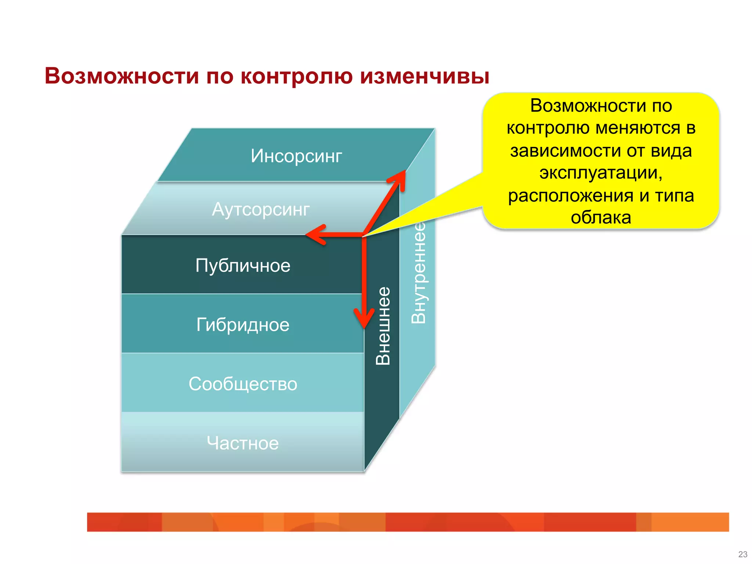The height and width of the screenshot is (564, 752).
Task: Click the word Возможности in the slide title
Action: (122, 76)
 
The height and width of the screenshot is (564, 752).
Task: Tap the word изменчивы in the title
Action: (424, 76)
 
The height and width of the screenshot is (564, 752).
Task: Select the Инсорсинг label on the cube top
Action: (296, 156)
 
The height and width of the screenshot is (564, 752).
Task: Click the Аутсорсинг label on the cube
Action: (261, 210)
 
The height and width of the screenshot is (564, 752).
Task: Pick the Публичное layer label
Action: (243, 265)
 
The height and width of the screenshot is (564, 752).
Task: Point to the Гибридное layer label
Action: (243, 325)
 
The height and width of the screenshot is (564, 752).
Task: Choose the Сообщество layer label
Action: (243, 384)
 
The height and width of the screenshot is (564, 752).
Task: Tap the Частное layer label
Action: (243, 443)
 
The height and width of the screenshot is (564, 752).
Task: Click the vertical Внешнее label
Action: (383, 326)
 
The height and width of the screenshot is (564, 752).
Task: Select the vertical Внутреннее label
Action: (418, 272)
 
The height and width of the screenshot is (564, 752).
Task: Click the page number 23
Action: (742, 554)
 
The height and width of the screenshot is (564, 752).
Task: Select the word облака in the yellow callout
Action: (601, 217)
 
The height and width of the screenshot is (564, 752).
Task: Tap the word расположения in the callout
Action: (571, 195)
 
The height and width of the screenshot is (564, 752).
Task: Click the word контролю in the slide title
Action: (296, 76)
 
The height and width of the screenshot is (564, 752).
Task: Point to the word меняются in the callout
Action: (637, 128)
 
